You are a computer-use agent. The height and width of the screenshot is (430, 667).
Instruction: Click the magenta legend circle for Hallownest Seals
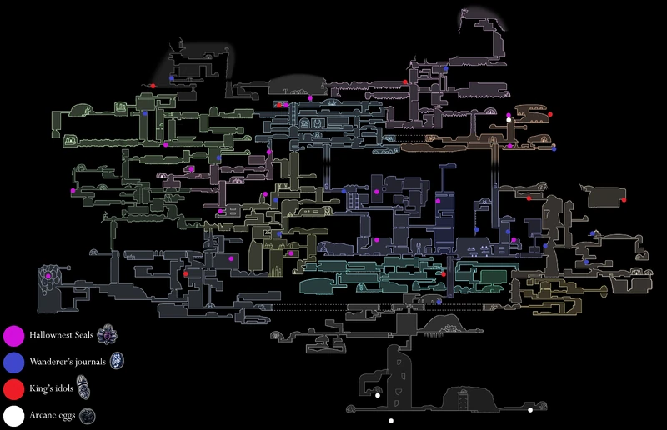tap(13, 336)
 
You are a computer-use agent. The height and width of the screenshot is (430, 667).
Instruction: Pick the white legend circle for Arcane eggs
tap(13, 414)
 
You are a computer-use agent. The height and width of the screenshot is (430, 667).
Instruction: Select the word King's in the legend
tap(40, 388)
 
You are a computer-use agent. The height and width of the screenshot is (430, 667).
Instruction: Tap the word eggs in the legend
tap(69, 415)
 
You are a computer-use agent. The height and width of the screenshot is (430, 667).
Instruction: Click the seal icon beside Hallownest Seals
tap(108, 335)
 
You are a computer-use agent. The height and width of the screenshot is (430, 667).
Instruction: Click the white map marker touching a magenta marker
tap(509, 120)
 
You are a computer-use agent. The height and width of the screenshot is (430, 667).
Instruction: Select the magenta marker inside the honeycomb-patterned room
tap(48, 275)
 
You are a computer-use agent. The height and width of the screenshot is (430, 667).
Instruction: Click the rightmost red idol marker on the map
tap(624, 200)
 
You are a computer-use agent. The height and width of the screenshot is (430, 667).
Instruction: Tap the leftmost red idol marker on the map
tap(153, 85)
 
